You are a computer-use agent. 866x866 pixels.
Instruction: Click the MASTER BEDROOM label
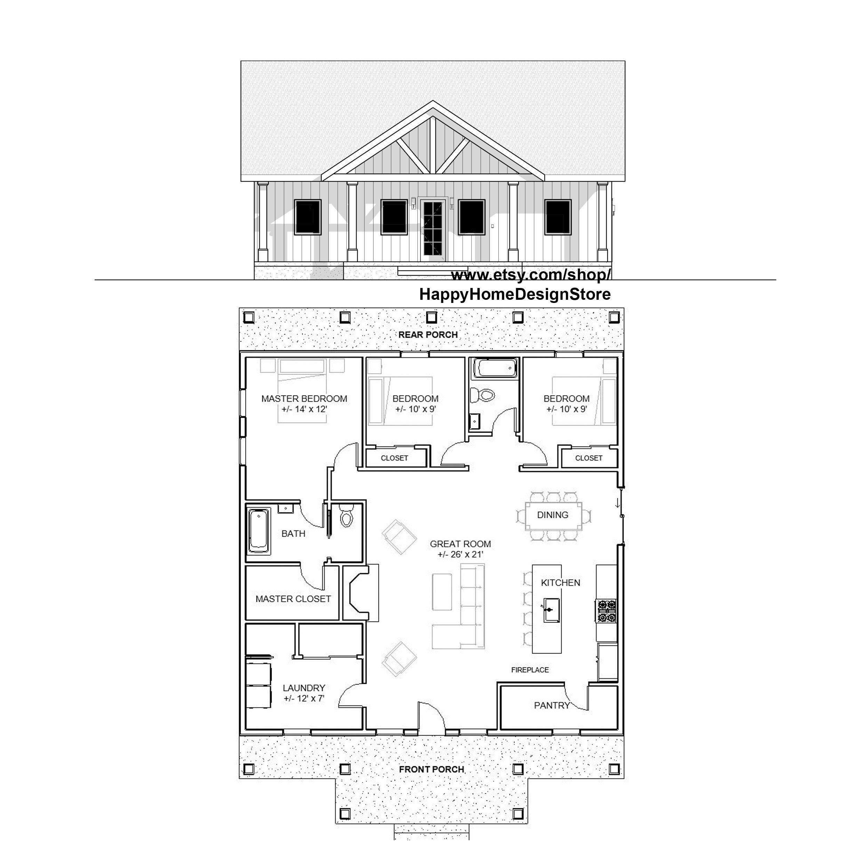(x=304, y=399)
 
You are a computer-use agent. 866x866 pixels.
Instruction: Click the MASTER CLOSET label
(x=293, y=599)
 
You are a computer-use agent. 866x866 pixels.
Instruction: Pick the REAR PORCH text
(x=428, y=335)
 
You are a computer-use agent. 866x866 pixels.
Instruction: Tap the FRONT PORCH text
(x=432, y=770)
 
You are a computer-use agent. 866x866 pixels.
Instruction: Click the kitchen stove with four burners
(x=606, y=611)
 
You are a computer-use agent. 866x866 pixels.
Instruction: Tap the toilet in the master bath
(x=346, y=517)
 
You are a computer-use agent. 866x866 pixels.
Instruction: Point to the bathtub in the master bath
(x=259, y=531)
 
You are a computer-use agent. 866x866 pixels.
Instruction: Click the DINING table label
(x=553, y=515)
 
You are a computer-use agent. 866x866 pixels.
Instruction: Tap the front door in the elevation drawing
(x=433, y=229)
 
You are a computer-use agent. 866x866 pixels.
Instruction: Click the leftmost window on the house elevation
(x=307, y=217)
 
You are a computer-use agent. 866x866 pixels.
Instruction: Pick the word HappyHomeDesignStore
(x=515, y=295)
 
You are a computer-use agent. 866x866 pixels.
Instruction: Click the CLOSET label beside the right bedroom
(x=588, y=458)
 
